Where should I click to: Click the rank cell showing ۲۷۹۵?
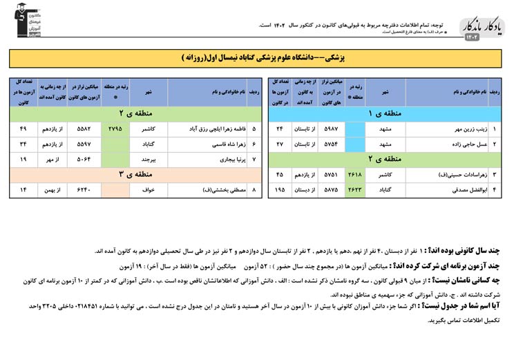pos(115,129)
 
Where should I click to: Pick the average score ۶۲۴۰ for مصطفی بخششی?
pos(84,189)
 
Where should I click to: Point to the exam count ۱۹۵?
pos(280,189)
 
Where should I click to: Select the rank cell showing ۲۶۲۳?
pos(355,189)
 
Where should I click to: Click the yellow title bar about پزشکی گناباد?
pos(256,57)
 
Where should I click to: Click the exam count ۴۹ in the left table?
pos(23,129)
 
